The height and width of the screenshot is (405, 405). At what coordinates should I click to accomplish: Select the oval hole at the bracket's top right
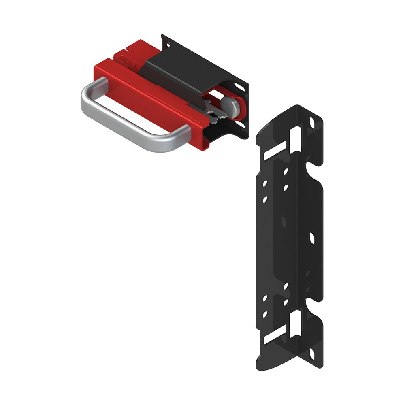312,122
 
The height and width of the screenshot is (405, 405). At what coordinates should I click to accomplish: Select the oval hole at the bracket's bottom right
312,355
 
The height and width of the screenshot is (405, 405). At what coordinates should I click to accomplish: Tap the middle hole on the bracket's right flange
312,238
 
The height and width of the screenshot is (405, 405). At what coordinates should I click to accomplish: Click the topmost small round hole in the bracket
286,172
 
